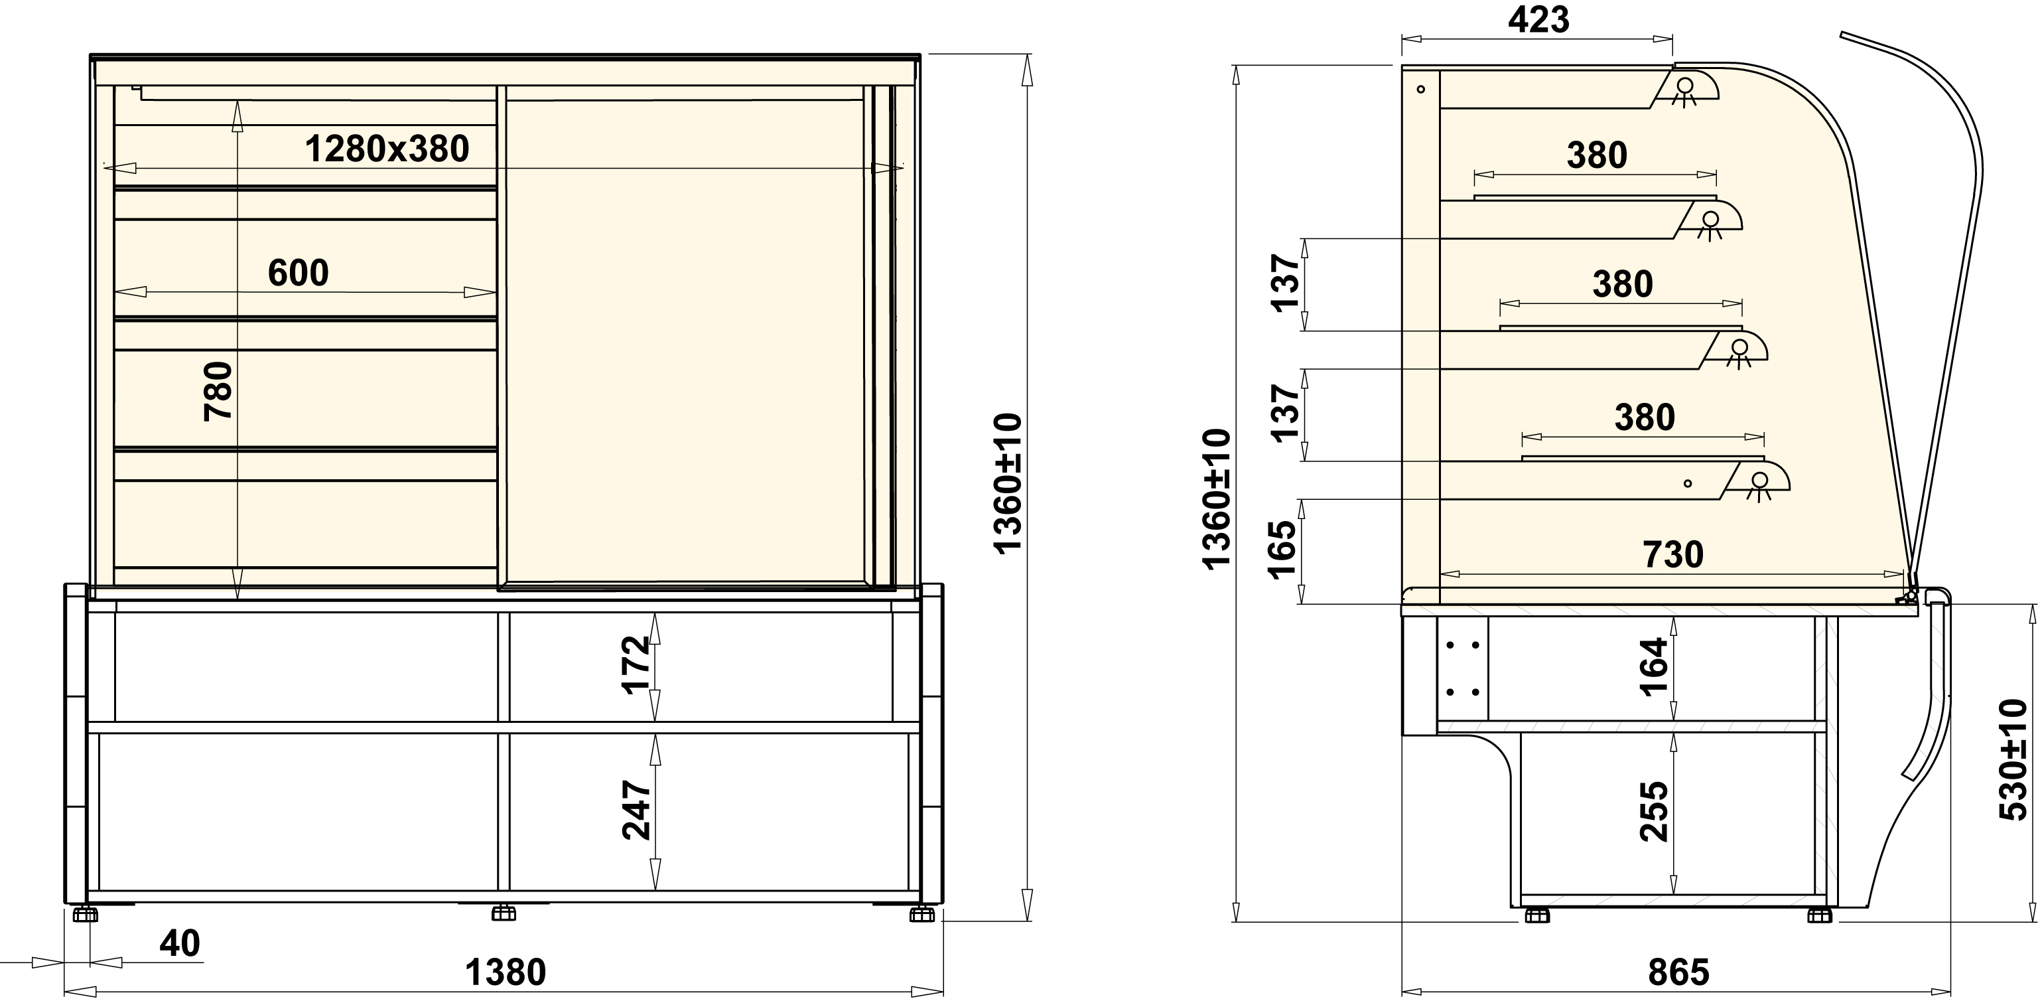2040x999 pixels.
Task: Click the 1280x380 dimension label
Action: coord(387,149)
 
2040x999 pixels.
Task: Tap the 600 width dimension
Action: coord(298,273)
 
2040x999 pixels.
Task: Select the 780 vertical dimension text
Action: coord(218,392)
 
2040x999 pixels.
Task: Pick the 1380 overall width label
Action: coord(506,972)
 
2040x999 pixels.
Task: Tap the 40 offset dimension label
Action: coord(180,943)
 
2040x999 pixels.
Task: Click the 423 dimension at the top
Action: coord(1538,20)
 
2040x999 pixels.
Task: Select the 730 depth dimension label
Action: coord(1672,554)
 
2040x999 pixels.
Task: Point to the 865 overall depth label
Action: coord(1678,972)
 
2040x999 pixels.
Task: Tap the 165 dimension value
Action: coord(1282,550)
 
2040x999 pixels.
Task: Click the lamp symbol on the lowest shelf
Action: coord(1759,486)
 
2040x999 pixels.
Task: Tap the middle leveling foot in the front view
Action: coord(504,913)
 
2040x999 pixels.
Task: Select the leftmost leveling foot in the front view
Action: coord(85,914)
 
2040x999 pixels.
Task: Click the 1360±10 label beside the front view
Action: coord(1008,483)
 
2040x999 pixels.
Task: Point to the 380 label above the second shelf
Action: coord(1597,155)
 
